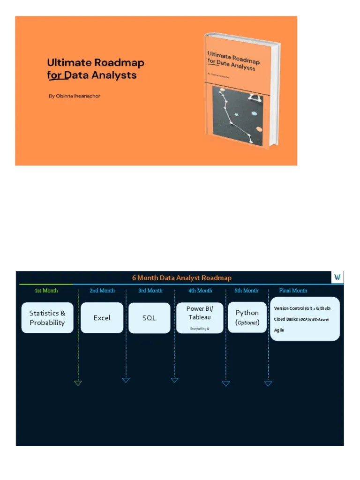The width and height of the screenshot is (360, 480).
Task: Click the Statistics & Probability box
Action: (x=47, y=318)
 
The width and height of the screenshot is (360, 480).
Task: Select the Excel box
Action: (x=102, y=318)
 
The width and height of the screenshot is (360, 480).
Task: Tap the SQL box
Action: (x=149, y=318)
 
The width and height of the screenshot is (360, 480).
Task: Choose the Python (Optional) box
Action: (x=247, y=317)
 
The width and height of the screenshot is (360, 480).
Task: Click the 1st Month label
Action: (x=46, y=291)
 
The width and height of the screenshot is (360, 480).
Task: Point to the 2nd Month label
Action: (x=102, y=291)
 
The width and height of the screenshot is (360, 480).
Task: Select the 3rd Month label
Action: (x=150, y=291)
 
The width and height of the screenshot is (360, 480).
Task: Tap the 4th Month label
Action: (x=200, y=291)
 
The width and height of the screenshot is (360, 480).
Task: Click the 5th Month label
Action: (x=247, y=291)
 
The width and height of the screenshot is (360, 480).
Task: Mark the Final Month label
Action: (x=293, y=291)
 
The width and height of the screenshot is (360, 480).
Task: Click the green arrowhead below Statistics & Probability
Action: (x=78, y=383)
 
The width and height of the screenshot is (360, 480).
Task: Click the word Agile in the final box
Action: (x=279, y=330)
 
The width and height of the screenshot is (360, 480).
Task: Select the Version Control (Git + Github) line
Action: (x=302, y=308)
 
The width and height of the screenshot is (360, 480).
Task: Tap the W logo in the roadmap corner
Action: (x=337, y=277)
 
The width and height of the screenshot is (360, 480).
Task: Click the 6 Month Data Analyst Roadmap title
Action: (x=181, y=277)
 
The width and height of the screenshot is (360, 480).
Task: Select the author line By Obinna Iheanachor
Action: (x=75, y=96)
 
